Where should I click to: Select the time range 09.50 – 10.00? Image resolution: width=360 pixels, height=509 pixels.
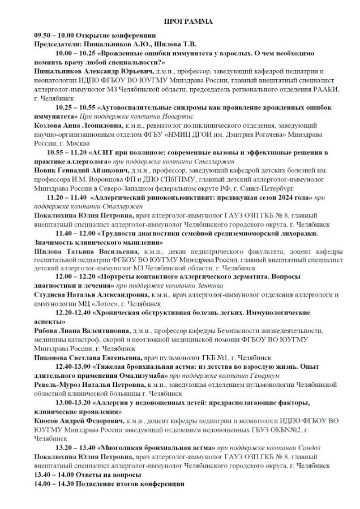pos(54,35)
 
